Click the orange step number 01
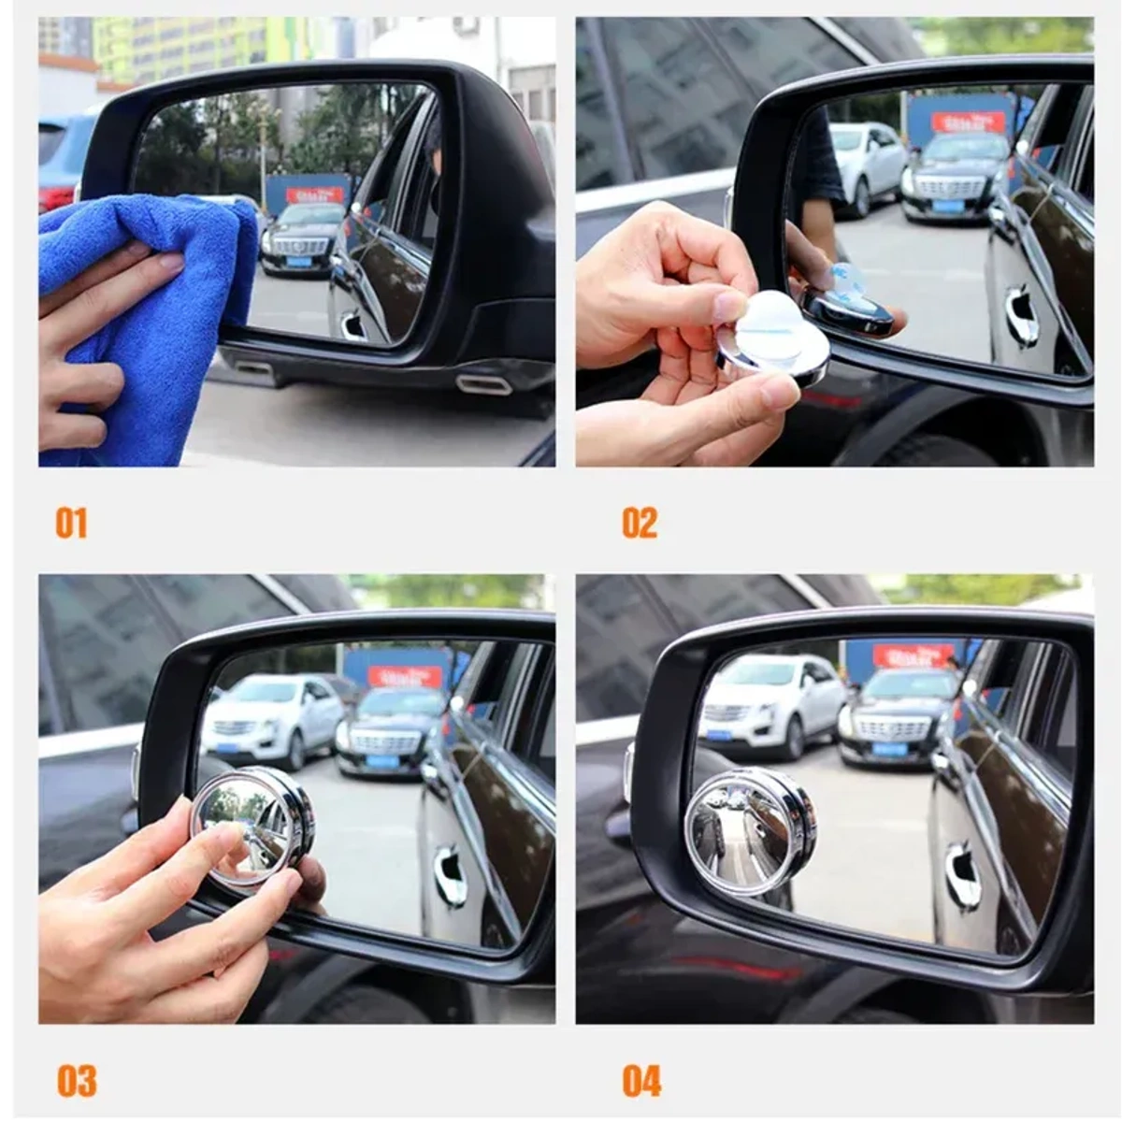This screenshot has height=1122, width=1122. (71, 523)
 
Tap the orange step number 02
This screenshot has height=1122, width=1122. (640, 523)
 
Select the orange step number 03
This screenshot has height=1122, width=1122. (76, 1081)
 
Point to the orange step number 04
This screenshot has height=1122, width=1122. (641, 1081)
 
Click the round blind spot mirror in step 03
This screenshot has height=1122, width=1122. (252, 824)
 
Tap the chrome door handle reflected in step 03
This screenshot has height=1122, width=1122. (450, 875)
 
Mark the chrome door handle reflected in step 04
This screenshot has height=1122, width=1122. (962, 875)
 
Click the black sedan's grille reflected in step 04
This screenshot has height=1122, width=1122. (892, 727)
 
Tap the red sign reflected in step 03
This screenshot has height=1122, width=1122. (405, 675)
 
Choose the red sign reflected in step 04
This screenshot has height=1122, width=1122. (913, 654)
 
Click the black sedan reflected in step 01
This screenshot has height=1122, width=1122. (301, 239)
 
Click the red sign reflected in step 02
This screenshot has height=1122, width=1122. (968, 122)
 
